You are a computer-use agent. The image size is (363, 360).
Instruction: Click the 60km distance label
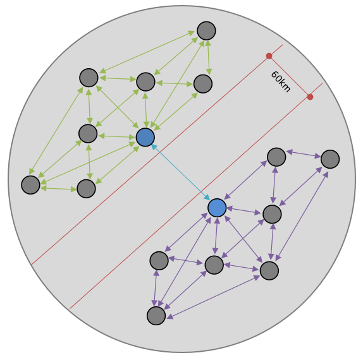coord(281,81)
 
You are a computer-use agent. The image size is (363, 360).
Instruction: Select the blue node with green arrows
coord(145,137)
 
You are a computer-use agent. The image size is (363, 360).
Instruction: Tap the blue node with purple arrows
coord(217,208)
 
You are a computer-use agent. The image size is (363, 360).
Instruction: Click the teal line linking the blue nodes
coord(181,172)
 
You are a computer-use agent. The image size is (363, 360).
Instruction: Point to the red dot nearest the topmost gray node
coord(269,56)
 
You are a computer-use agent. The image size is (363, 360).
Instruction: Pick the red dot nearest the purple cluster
coord(311,97)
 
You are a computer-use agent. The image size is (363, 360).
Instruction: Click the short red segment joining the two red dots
coord(290,76)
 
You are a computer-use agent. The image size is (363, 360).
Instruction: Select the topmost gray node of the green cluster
coord(207,31)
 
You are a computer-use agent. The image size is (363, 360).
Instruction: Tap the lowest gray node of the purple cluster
coord(156,316)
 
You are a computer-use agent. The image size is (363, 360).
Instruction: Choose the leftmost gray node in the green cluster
coord(30,185)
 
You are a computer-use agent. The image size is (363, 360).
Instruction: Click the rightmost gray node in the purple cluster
coord(330,159)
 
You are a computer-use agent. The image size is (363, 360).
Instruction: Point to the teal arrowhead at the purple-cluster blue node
coord(207,197)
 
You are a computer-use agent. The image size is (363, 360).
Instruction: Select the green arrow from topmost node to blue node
coord(178,84)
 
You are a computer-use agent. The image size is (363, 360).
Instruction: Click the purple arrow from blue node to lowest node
coord(185,262)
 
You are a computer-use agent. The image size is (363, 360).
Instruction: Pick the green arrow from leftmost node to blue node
coord(88,163)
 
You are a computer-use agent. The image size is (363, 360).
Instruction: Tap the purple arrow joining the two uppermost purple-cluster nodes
coord(304,154)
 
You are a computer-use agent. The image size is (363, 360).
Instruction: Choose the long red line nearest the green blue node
coord(157,155)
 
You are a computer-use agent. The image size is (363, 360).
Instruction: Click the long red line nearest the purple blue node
coord(196,196)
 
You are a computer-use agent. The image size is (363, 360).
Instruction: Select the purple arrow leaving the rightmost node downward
coord(302,216)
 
